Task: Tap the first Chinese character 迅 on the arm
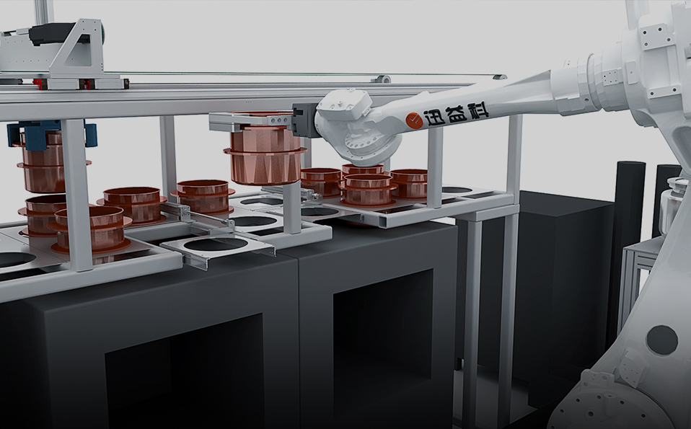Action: (434, 118)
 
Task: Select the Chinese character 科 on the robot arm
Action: (477, 110)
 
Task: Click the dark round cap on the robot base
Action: (661, 340)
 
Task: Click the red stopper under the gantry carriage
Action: (85, 84)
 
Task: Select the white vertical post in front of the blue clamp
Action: (78, 195)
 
